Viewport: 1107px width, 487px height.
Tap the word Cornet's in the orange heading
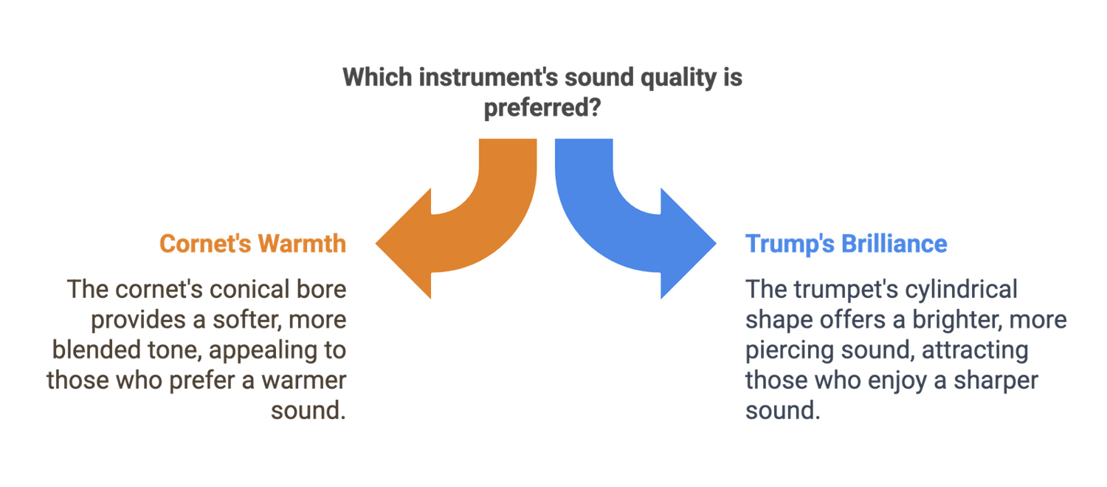pos(205,244)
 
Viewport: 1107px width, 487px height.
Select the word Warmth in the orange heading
pos(302,244)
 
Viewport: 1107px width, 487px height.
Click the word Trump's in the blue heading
pos(790,244)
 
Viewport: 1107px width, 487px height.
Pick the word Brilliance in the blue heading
pos(894,244)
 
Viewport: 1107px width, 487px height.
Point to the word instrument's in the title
pos(489,77)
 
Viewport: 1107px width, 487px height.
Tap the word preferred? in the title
pos(542,108)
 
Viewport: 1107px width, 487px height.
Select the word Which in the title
pos(377,77)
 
